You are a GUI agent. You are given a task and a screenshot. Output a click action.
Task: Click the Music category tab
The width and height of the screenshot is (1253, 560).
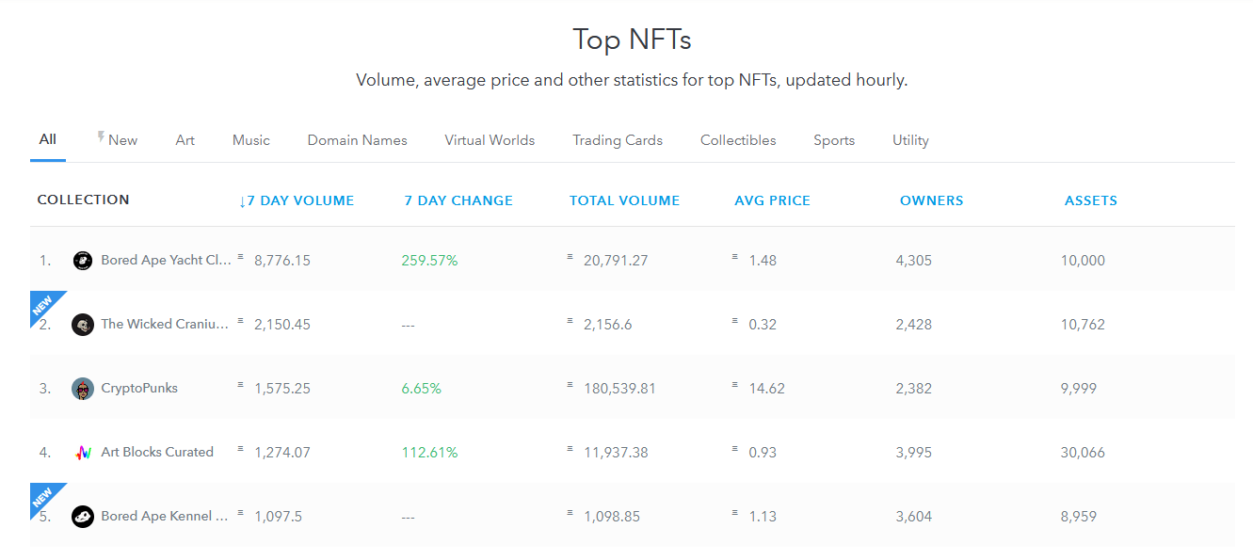[x=250, y=140]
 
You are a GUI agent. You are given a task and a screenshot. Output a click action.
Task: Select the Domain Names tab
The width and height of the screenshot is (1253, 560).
[x=357, y=140]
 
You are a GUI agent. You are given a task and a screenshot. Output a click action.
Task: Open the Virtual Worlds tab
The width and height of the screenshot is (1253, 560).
[x=490, y=140]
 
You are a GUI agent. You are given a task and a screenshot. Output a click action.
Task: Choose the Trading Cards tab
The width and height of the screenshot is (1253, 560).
[x=617, y=140]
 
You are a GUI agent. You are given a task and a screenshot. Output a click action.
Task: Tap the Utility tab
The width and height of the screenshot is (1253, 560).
[x=910, y=140]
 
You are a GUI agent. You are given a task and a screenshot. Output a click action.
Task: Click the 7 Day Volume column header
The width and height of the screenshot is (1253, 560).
[x=297, y=200]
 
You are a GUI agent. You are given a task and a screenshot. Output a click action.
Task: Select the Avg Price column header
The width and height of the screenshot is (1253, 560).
[x=772, y=200]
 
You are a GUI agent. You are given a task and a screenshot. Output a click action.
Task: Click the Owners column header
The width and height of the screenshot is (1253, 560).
[x=931, y=200]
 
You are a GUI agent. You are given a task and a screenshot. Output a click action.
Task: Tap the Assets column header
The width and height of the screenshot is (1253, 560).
[x=1091, y=200]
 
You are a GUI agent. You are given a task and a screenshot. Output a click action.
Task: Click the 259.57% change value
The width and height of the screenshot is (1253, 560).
[x=429, y=260]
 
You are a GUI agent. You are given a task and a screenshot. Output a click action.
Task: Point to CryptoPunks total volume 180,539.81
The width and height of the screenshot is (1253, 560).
[x=619, y=389]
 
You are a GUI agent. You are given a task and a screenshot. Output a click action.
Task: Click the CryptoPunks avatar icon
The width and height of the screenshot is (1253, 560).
[x=83, y=389]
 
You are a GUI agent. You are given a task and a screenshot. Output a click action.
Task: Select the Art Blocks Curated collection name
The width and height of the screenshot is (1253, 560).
[x=157, y=452]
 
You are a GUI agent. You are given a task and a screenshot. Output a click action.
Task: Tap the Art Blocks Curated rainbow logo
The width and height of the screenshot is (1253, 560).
[x=83, y=453]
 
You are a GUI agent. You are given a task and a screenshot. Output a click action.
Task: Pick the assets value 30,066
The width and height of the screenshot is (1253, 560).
[x=1083, y=452]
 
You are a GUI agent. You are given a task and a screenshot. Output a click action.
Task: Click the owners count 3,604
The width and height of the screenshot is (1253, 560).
[x=913, y=516]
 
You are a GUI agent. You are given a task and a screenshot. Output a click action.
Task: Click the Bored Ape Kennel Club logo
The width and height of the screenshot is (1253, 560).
[x=83, y=517]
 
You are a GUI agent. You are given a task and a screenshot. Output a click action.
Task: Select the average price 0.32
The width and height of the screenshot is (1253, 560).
[x=763, y=325]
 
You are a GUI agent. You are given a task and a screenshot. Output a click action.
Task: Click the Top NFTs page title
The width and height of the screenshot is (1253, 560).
[x=632, y=40]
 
